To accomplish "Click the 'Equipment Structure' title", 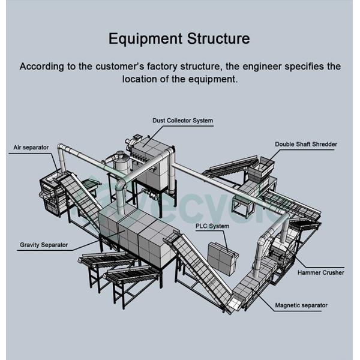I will coord(179,40).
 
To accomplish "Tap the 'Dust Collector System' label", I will coord(182,121).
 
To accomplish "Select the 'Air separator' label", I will coord(31,147).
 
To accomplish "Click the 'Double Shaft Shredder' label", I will coord(306,145).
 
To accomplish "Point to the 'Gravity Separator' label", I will coord(44,245).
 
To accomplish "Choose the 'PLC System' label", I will coord(212,226).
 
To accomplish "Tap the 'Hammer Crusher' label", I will coord(320,272).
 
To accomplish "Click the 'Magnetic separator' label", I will coord(301,305).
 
